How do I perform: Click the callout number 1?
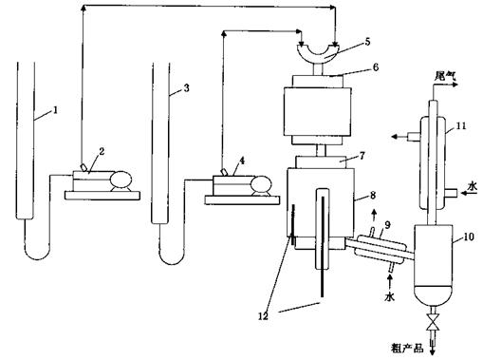55,110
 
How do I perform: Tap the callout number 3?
186,88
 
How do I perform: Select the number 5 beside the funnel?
367,42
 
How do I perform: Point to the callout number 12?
263,316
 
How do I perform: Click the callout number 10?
469,237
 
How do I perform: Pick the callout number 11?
461,126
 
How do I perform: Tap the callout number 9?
387,225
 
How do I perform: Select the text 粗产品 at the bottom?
407,349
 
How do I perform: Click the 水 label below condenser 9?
390,296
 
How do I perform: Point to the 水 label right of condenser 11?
473,186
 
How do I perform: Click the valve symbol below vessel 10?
433,322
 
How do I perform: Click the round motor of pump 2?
121,180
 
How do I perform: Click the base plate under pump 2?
102,196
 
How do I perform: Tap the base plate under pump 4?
242,200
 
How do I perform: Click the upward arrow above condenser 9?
374,216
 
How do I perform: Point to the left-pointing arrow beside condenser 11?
399,137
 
